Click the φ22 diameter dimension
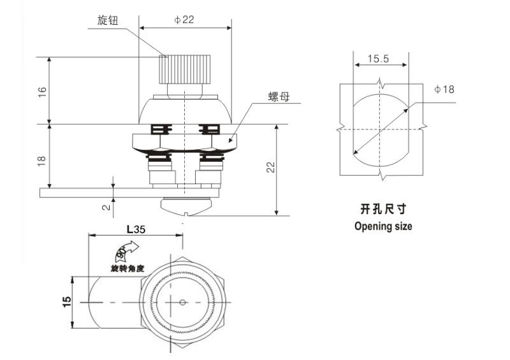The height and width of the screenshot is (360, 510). pos(184,20)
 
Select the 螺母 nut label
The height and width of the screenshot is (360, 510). pos(279,97)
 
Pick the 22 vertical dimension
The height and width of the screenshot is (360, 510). pos(270,167)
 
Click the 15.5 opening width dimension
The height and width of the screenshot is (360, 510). pos(378,59)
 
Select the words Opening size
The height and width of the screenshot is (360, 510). pos(383,226)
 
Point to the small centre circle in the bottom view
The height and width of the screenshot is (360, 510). pos(183,301)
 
